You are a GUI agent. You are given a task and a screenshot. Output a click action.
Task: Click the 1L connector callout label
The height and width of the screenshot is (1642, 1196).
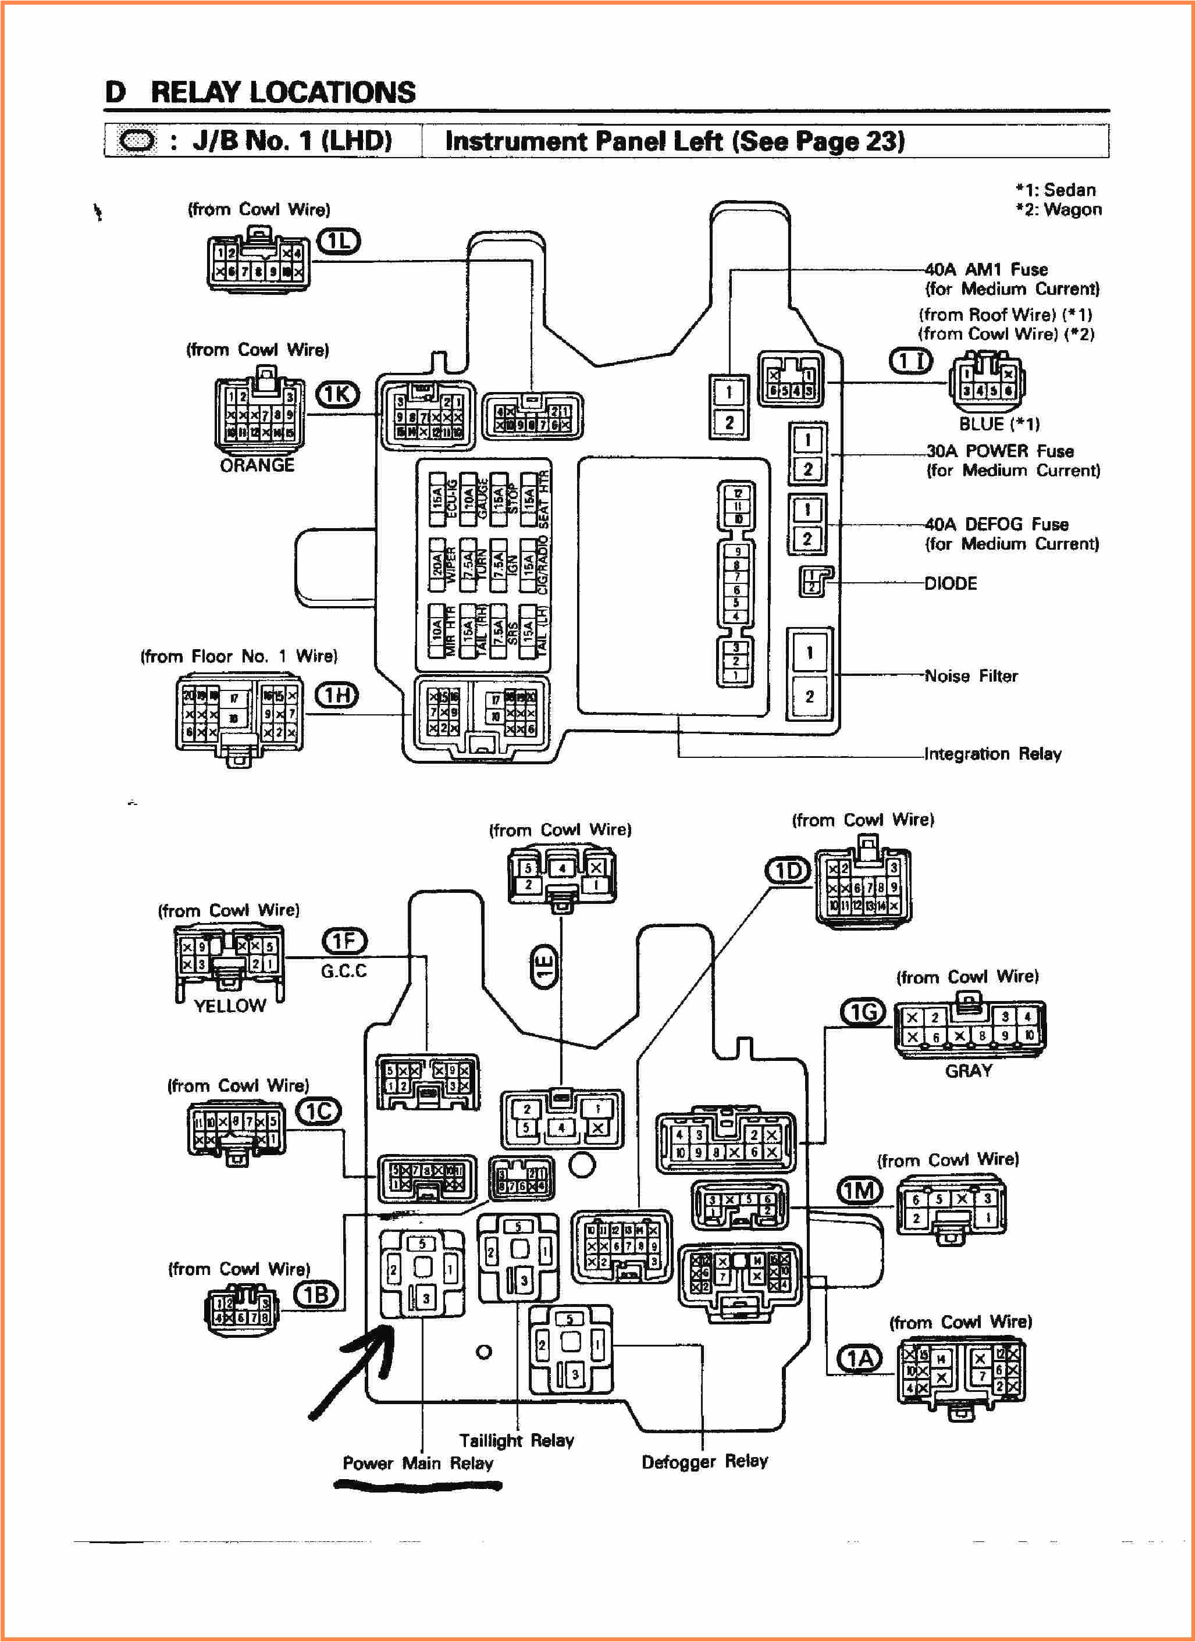[339, 241]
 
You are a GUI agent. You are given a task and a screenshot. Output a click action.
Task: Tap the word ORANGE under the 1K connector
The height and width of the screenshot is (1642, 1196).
[257, 465]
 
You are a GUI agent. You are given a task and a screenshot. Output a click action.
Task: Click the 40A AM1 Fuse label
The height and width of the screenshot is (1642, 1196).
[986, 269]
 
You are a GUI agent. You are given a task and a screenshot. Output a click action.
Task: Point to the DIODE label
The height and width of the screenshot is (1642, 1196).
[951, 583]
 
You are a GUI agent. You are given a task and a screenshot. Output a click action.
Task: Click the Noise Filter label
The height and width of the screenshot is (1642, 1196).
[971, 676]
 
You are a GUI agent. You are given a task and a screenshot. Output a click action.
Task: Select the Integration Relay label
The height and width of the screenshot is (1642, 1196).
[992, 754]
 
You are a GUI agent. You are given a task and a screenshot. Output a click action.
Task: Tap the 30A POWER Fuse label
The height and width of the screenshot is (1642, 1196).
[1000, 451]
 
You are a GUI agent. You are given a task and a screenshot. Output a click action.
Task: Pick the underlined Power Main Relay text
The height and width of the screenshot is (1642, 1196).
[418, 1463]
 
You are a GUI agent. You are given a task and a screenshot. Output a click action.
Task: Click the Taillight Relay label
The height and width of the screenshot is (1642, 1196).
[516, 1440]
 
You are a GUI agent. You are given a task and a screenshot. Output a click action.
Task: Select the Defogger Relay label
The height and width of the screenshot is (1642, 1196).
[704, 1461]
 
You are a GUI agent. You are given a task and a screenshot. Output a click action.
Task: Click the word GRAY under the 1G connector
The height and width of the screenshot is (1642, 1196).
[968, 1071]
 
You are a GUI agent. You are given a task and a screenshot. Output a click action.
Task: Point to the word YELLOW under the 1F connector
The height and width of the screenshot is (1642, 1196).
[230, 1006]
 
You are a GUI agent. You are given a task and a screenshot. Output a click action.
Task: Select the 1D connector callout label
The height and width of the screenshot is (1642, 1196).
[788, 871]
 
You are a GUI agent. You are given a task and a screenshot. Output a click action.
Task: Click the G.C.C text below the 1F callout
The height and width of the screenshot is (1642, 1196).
[344, 971]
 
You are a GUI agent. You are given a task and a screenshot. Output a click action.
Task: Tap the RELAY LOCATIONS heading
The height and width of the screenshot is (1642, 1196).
[282, 92]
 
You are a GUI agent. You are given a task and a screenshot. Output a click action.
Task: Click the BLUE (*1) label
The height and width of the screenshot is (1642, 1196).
[999, 424]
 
